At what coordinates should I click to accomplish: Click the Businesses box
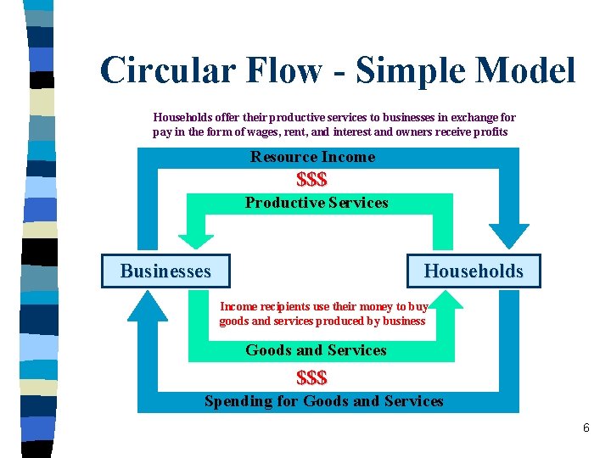(x=165, y=271)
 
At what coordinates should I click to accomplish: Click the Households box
(x=473, y=271)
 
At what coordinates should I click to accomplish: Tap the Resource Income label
(x=312, y=157)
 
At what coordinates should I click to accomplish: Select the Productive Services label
(x=317, y=203)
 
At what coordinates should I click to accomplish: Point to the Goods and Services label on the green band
(x=316, y=350)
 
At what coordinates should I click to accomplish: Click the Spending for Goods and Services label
(x=323, y=401)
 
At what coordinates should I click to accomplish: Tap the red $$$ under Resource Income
(x=311, y=180)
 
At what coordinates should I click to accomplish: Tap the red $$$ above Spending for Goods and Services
(x=311, y=377)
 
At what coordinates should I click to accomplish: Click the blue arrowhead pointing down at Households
(x=508, y=235)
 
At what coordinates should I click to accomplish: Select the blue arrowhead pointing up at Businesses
(x=149, y=308)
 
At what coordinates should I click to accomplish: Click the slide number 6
(x=586, y=428)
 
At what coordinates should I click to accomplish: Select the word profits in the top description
(x=489, y=132)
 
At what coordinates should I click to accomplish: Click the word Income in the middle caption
(x=237, y=306)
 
